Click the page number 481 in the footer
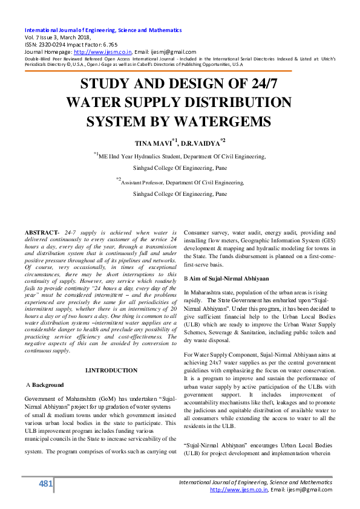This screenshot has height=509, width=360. tap(45, 484)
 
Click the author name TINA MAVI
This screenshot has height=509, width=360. tap(152, 143)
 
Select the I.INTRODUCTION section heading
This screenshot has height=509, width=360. tap(111, 370)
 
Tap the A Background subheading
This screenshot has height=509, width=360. tap(46, 384)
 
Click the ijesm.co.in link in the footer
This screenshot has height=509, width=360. tap(238, 490)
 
